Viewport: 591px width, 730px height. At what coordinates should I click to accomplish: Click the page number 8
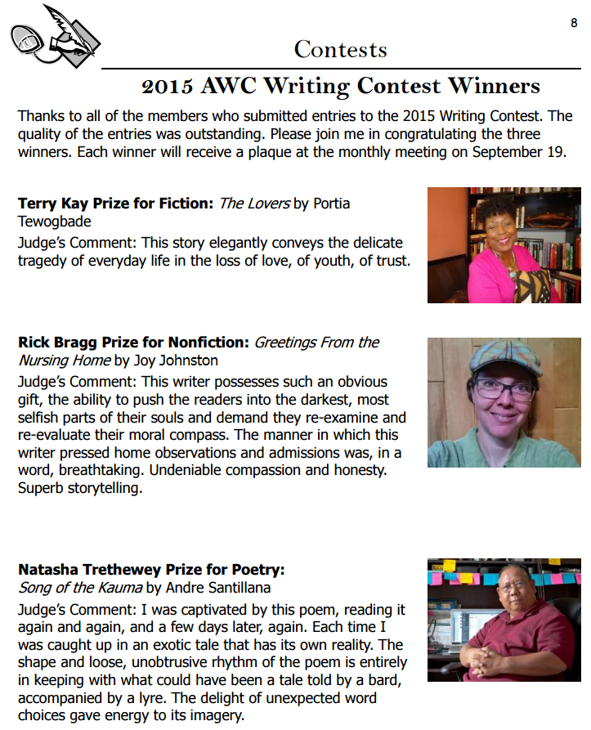[574, 23]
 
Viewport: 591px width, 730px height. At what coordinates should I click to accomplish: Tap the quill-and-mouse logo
[53, 37]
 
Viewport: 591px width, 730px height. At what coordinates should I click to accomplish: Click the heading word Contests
[340, 49]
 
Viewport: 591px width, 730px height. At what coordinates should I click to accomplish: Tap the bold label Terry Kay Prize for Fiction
[115, 204]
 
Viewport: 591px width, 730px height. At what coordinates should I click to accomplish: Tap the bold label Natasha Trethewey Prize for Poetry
[151, 569]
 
